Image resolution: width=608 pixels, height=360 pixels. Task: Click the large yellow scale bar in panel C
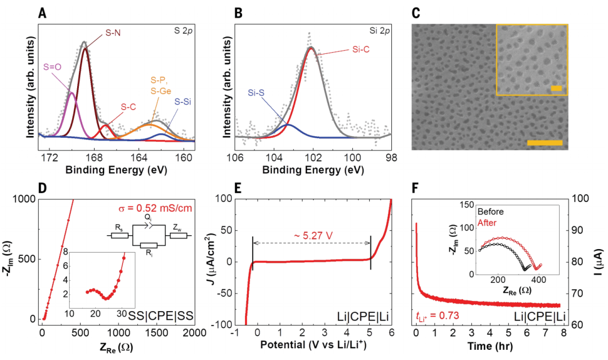click(544, 143)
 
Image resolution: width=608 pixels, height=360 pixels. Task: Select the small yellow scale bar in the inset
click(556, 88)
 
